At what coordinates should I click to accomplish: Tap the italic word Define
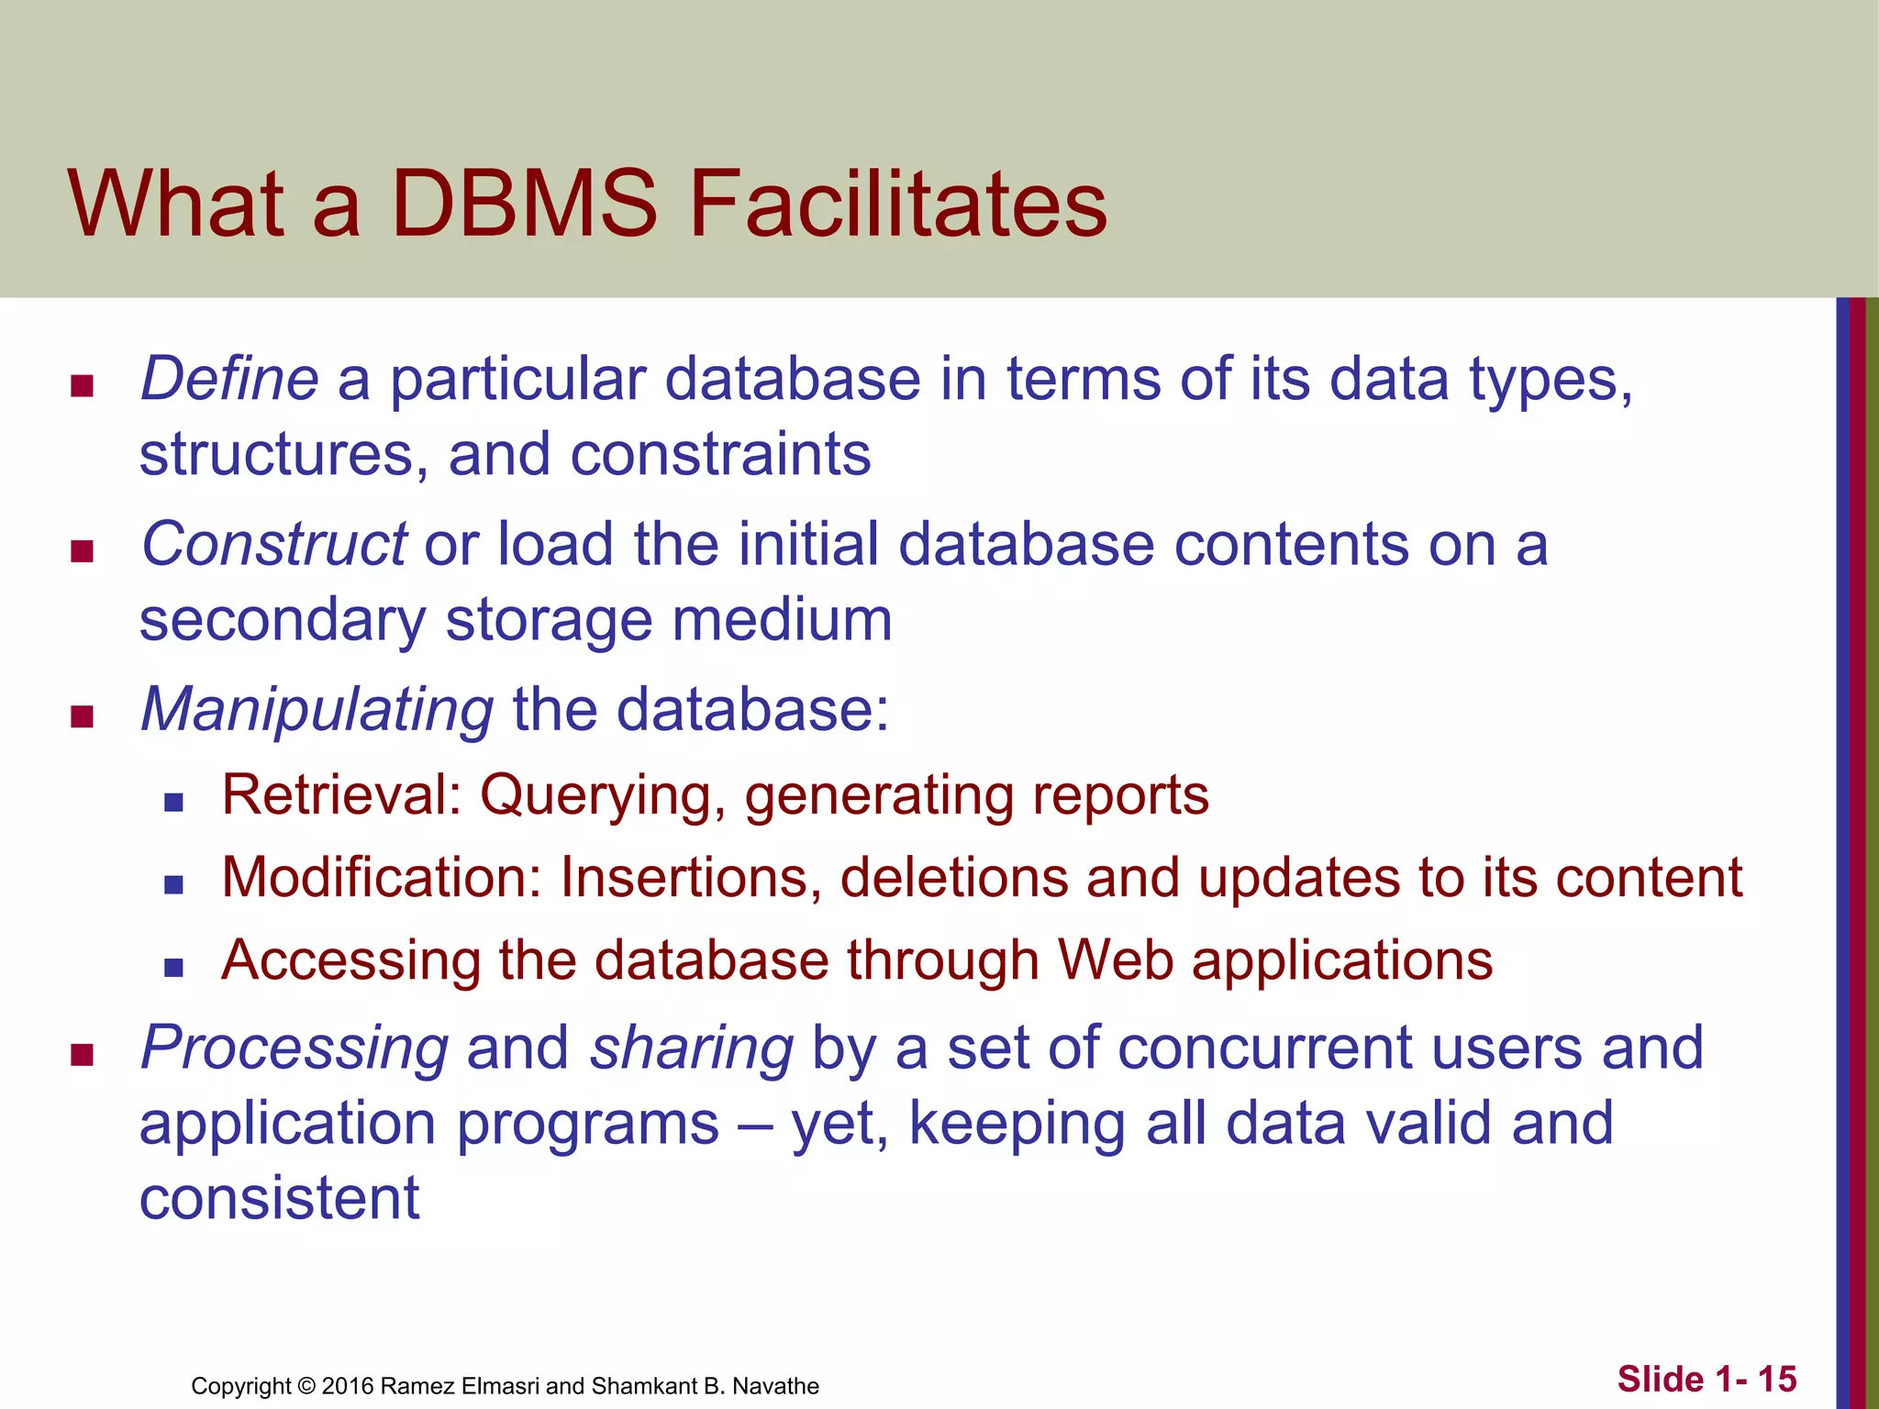[229, 379]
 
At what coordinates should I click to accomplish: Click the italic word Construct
[273, 544]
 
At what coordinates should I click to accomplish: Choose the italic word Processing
[295, 1048]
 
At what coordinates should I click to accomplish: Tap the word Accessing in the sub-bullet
[351, 960]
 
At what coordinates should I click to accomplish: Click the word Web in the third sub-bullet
[1115, 960]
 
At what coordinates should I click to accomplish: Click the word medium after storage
[782, 620]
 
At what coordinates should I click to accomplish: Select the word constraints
[720, 454]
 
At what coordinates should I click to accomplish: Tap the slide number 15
[1776, 1379]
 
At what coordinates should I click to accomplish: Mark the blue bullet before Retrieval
[173, 803]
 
